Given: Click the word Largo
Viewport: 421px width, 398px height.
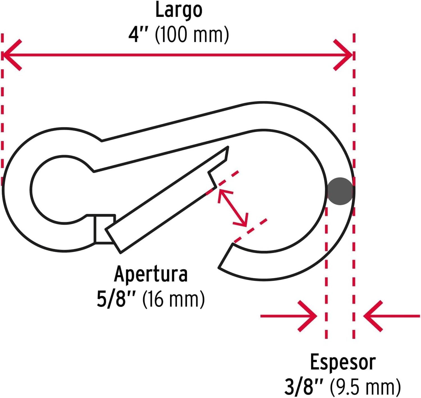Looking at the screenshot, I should tap(179, 10).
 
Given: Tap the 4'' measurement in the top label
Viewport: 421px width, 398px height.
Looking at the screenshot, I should tap(138, 35).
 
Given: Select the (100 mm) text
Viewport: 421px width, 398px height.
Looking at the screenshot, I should tap(192, 35).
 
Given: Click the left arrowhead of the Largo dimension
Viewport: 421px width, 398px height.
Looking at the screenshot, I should tap(11, 55).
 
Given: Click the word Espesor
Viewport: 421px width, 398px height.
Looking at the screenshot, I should tap(343, 362).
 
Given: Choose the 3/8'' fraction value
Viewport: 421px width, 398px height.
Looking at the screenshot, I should tap(303, 387).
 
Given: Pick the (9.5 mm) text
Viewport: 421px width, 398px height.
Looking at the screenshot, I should tap(365, 387).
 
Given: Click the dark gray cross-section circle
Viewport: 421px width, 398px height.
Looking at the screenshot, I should tap(340, 191).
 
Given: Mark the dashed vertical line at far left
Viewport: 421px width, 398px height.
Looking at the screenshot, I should tap(2, 110).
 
